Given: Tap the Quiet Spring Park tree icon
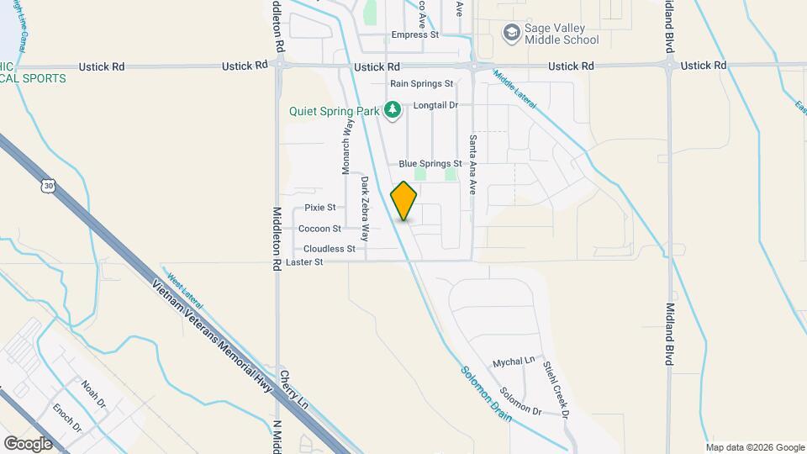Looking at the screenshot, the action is pos(392,109).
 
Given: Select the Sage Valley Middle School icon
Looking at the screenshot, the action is pos(510,34).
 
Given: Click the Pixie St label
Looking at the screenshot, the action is pos(320,207).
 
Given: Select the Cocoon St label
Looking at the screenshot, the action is pos(319,228).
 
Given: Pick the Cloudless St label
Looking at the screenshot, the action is pos(330,249).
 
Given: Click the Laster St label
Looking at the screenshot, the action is pos(304,262).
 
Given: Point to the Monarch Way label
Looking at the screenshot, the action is pos(346,145).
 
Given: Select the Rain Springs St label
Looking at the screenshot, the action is pos(421,84).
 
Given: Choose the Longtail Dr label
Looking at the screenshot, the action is pos(435,105).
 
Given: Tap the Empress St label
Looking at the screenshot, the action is pos(415,35).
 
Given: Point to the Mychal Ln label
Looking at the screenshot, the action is pos(514,360).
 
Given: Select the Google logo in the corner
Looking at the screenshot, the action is pos(28,443).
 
